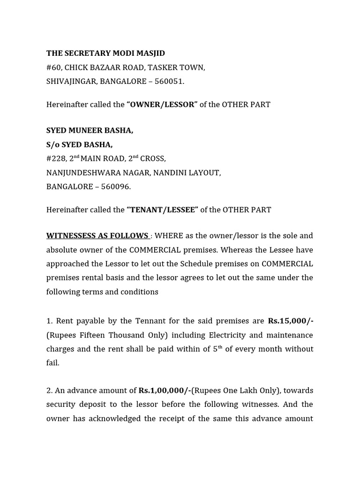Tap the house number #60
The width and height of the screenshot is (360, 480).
pyautogui.click(x=54, y=67)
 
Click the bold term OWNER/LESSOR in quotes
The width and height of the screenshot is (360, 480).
pyautogui.click(x=162, y=105)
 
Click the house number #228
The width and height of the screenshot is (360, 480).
pyautogui.click(x=56, y=158)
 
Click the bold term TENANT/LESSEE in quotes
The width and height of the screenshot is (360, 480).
pyautogui.click(x=162, y=210)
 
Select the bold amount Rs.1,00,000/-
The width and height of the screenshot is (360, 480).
pyautogui.click(x=164, y=390)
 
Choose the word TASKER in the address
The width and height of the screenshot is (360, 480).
pyautogui.click(x=161, y=67)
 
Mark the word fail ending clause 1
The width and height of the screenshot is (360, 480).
pyautogui.click(x=52, y=363)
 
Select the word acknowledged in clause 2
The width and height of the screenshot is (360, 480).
pyautogui.click(x=113, y=419)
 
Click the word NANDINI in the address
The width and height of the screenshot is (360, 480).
pyautogui.click(x=171, y=172)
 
